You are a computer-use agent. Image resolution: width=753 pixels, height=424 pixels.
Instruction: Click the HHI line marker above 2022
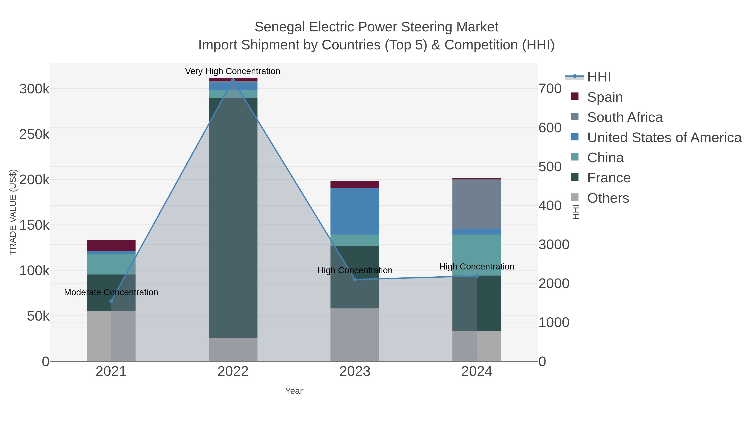tap(233, 80)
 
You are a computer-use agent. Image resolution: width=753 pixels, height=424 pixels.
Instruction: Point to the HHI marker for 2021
tap(111, 301)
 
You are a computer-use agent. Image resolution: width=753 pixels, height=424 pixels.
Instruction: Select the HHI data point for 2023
tap(355, 280)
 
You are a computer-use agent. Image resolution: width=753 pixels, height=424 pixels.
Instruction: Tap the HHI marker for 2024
tap(477, 276)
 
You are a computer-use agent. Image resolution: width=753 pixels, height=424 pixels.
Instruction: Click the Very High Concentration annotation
tap(232, 71)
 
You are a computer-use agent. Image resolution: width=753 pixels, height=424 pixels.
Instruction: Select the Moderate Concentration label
tap(111, 292)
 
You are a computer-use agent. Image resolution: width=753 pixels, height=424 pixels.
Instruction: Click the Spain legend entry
tap(605, 97)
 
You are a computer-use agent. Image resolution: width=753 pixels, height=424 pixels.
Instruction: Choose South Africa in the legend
tap(625, 117)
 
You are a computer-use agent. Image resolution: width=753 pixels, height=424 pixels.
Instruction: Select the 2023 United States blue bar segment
tap(355, 211)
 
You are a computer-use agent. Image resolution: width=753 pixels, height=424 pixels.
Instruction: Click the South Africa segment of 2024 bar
tap(477, 204)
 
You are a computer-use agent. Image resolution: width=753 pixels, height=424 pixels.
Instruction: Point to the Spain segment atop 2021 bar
tap(111, 245)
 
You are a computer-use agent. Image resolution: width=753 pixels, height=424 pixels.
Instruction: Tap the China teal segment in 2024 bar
tap(477, 255)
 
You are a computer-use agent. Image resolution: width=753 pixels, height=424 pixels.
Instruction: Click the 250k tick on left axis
tap(34, 134)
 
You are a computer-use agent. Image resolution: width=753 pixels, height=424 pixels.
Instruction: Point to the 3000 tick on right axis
tap(554, 244)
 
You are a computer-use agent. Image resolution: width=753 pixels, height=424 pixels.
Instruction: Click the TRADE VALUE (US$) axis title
tap(13, 212)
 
